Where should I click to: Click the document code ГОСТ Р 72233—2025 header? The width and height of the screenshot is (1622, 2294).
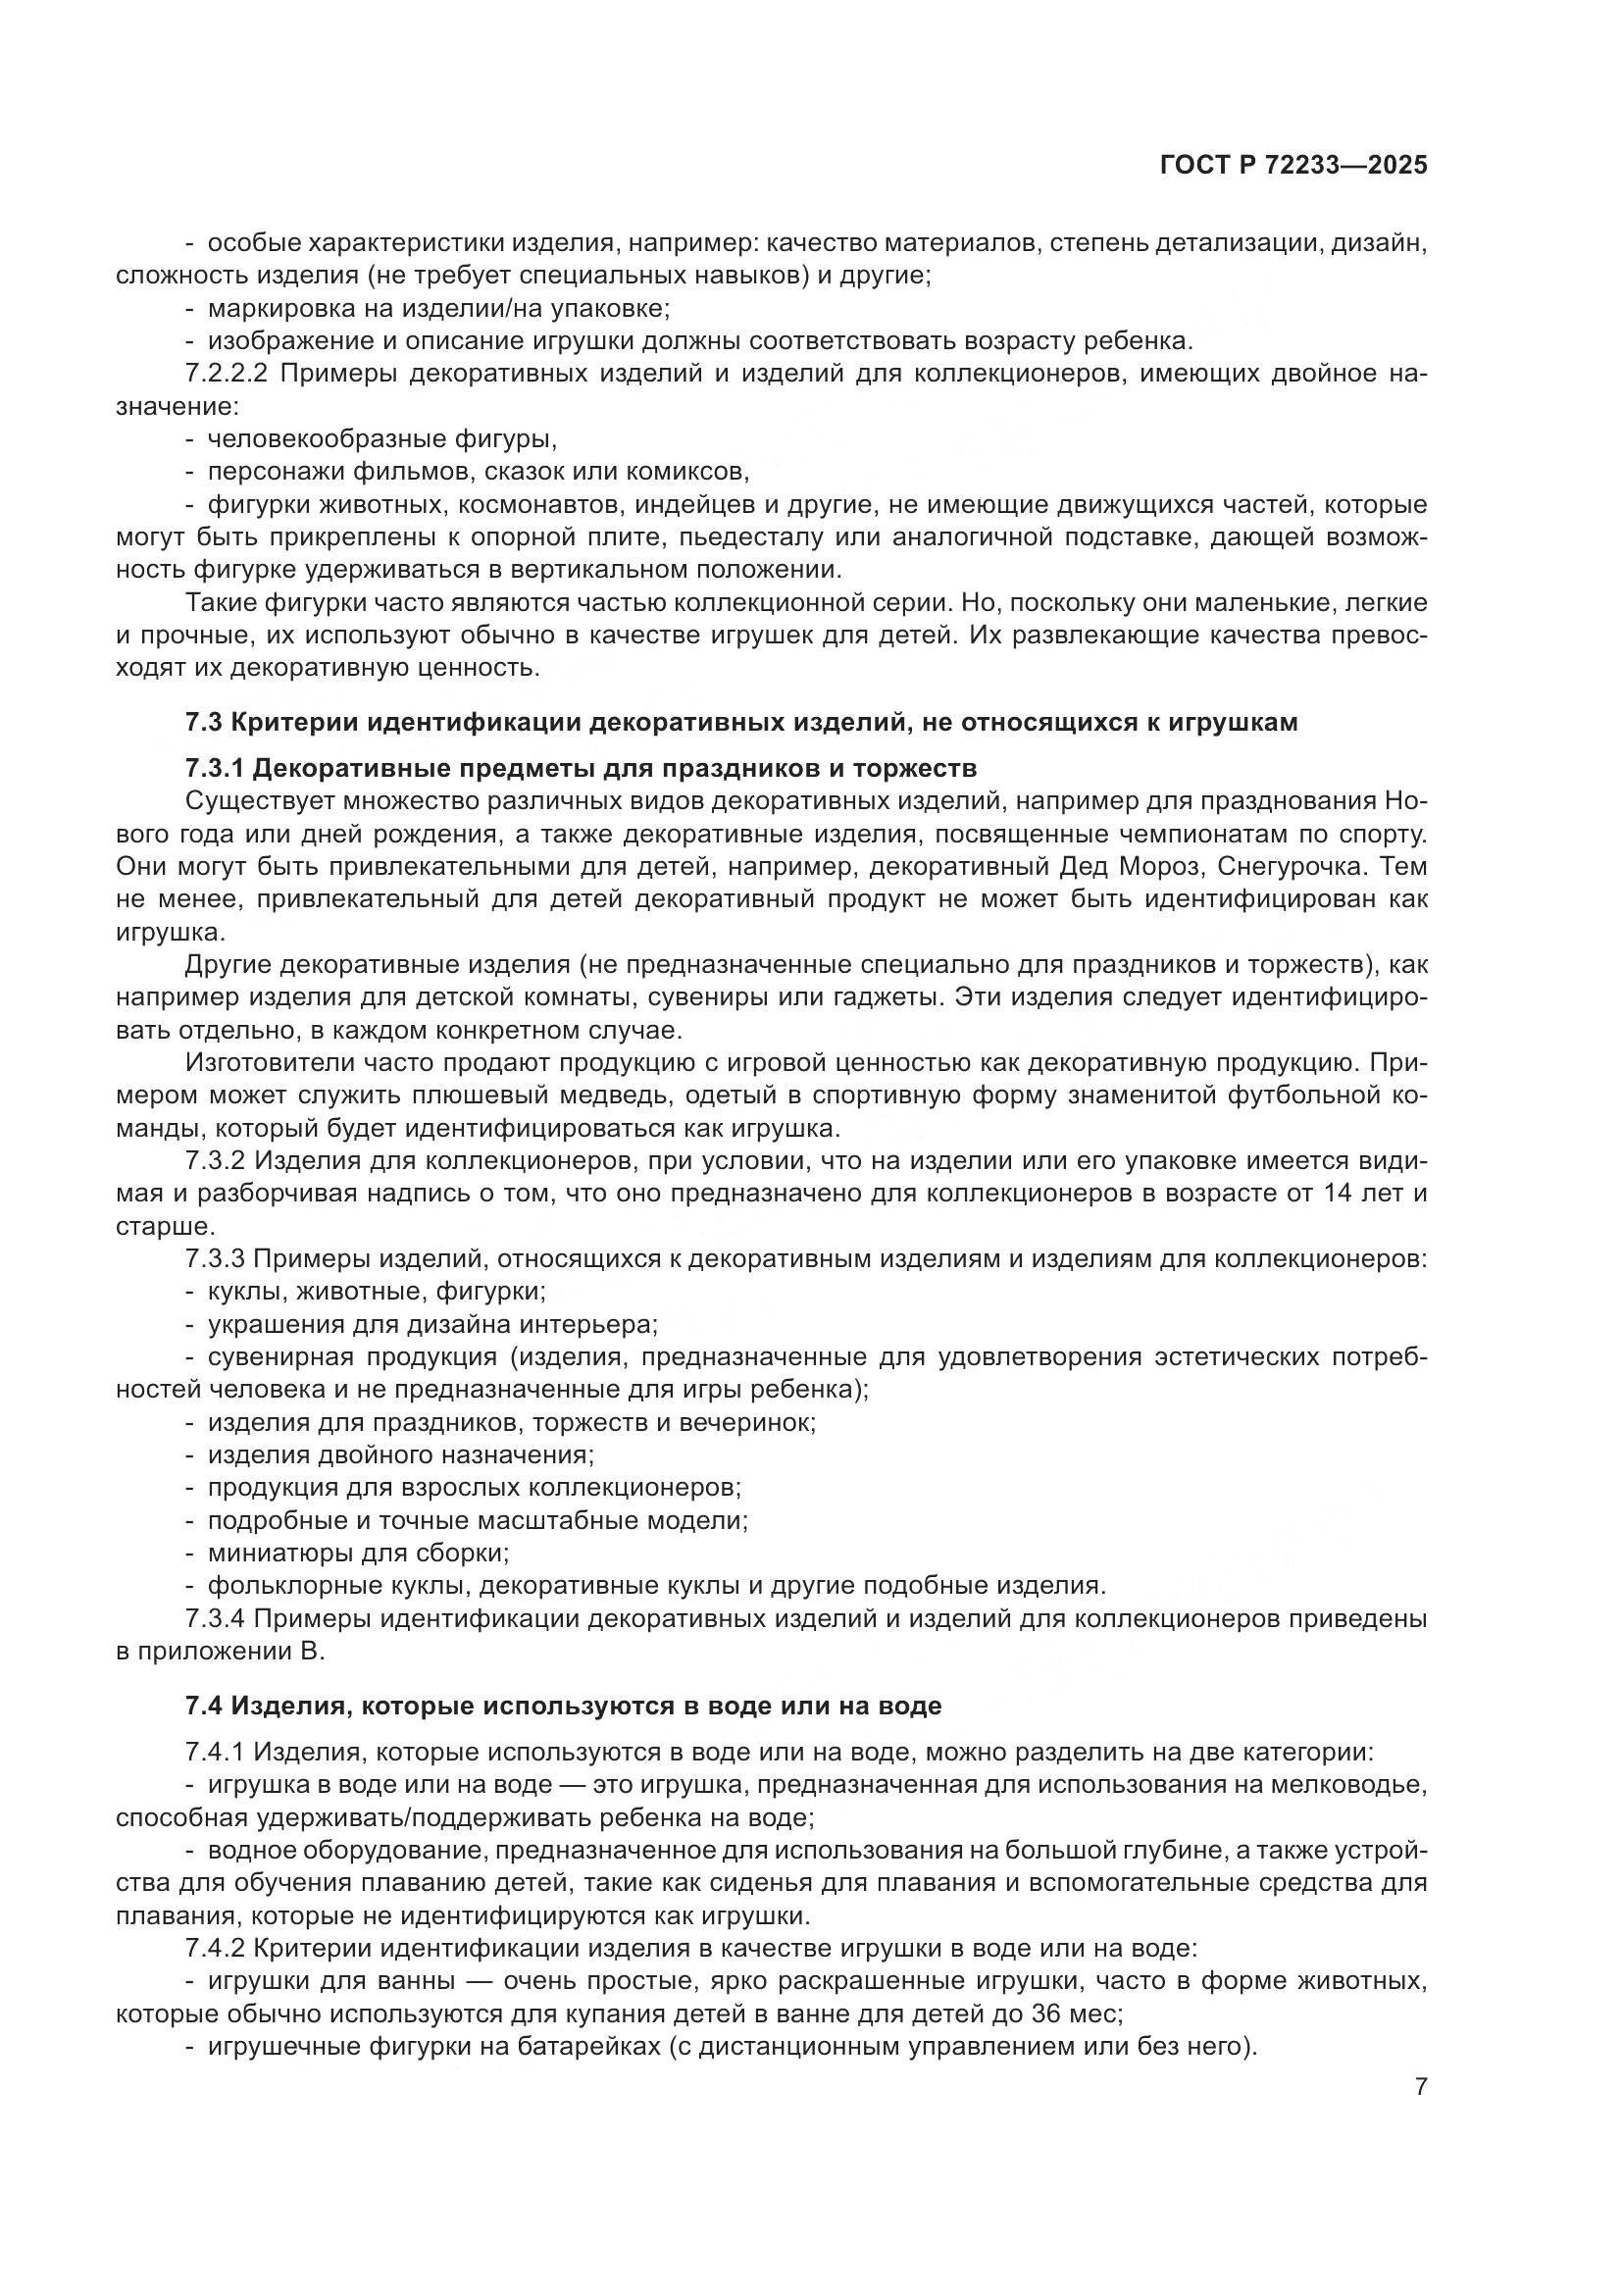coord(1293,165)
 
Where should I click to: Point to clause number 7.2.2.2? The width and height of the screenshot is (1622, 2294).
coord(228,374)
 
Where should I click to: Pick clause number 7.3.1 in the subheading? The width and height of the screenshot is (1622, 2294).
coord(216,768)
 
